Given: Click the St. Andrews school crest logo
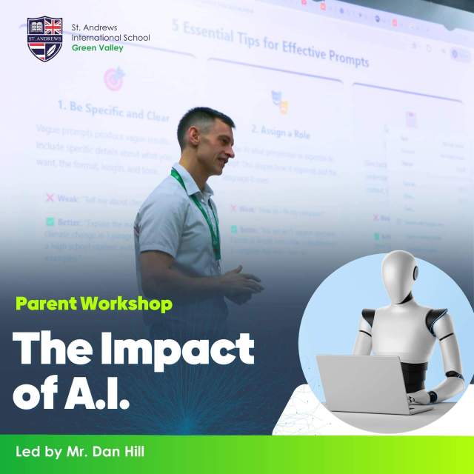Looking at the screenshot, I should (44, 39).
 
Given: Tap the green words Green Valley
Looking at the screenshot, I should (97, 48).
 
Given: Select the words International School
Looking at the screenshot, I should (110, 38).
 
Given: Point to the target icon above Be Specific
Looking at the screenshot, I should (113, 78).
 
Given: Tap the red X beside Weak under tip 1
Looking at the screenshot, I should (50, 198).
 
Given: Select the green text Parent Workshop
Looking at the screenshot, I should (94, 303).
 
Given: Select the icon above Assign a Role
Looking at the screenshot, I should (279, 101).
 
